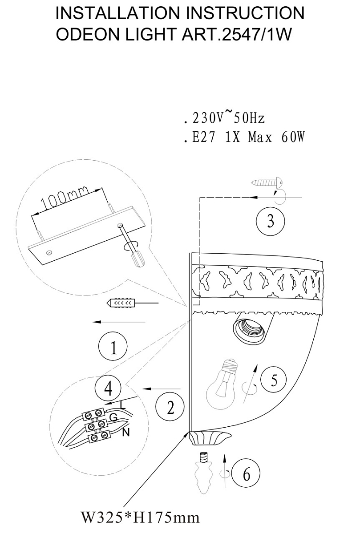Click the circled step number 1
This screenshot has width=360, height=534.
click(113, 346)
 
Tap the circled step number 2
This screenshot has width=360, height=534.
click(170, 406)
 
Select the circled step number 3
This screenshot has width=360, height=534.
click(271, 221)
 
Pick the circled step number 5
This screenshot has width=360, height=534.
click(273, 380)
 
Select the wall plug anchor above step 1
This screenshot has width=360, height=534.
click(121, 303)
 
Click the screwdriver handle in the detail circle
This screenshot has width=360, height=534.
click(138, 258)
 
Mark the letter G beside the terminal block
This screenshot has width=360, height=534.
click(113, 417)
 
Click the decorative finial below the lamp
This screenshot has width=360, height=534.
click(203, 473)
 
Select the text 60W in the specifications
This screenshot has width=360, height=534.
click(293, 137)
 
